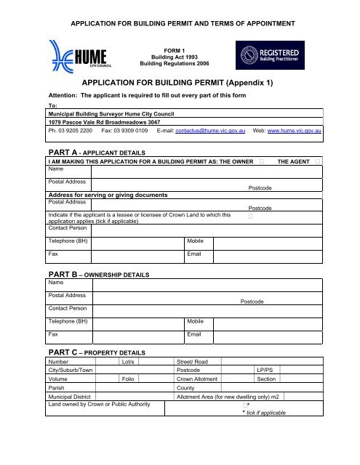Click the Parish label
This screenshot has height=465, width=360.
point(56,389)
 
